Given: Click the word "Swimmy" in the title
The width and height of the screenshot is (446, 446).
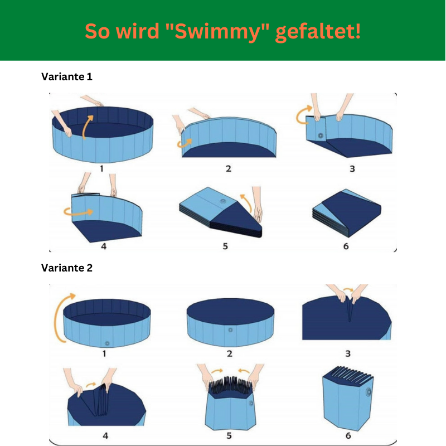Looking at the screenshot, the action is (217, 32).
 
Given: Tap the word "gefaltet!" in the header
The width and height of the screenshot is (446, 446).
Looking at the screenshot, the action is (318, 32).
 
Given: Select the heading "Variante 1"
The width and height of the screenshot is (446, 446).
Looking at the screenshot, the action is (67, 76).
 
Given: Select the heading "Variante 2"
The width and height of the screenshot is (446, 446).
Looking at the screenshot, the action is (67, 268).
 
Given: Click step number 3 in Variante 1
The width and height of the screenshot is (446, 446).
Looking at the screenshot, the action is (352, 169).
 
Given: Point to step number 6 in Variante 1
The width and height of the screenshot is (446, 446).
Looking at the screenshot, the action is (346, 246).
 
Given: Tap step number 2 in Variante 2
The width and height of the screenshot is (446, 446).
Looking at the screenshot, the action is (230, 353).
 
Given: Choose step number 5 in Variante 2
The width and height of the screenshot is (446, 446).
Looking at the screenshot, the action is (229, 435).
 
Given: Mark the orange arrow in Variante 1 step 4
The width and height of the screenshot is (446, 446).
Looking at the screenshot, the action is (78, 212).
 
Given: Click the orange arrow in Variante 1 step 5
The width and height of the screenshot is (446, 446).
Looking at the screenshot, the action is (247, 202).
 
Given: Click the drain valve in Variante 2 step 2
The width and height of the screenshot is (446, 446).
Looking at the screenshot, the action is (230, 330).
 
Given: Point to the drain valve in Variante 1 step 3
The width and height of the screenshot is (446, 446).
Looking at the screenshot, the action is (321, 135).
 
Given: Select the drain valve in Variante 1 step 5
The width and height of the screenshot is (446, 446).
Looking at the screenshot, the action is (223, 201).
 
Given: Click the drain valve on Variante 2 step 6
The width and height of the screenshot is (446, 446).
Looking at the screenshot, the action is (369, 392).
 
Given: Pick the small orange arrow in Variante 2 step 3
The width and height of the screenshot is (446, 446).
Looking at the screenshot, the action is (348, 289).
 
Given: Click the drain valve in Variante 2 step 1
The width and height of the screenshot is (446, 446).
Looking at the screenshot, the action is (107, 343).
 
